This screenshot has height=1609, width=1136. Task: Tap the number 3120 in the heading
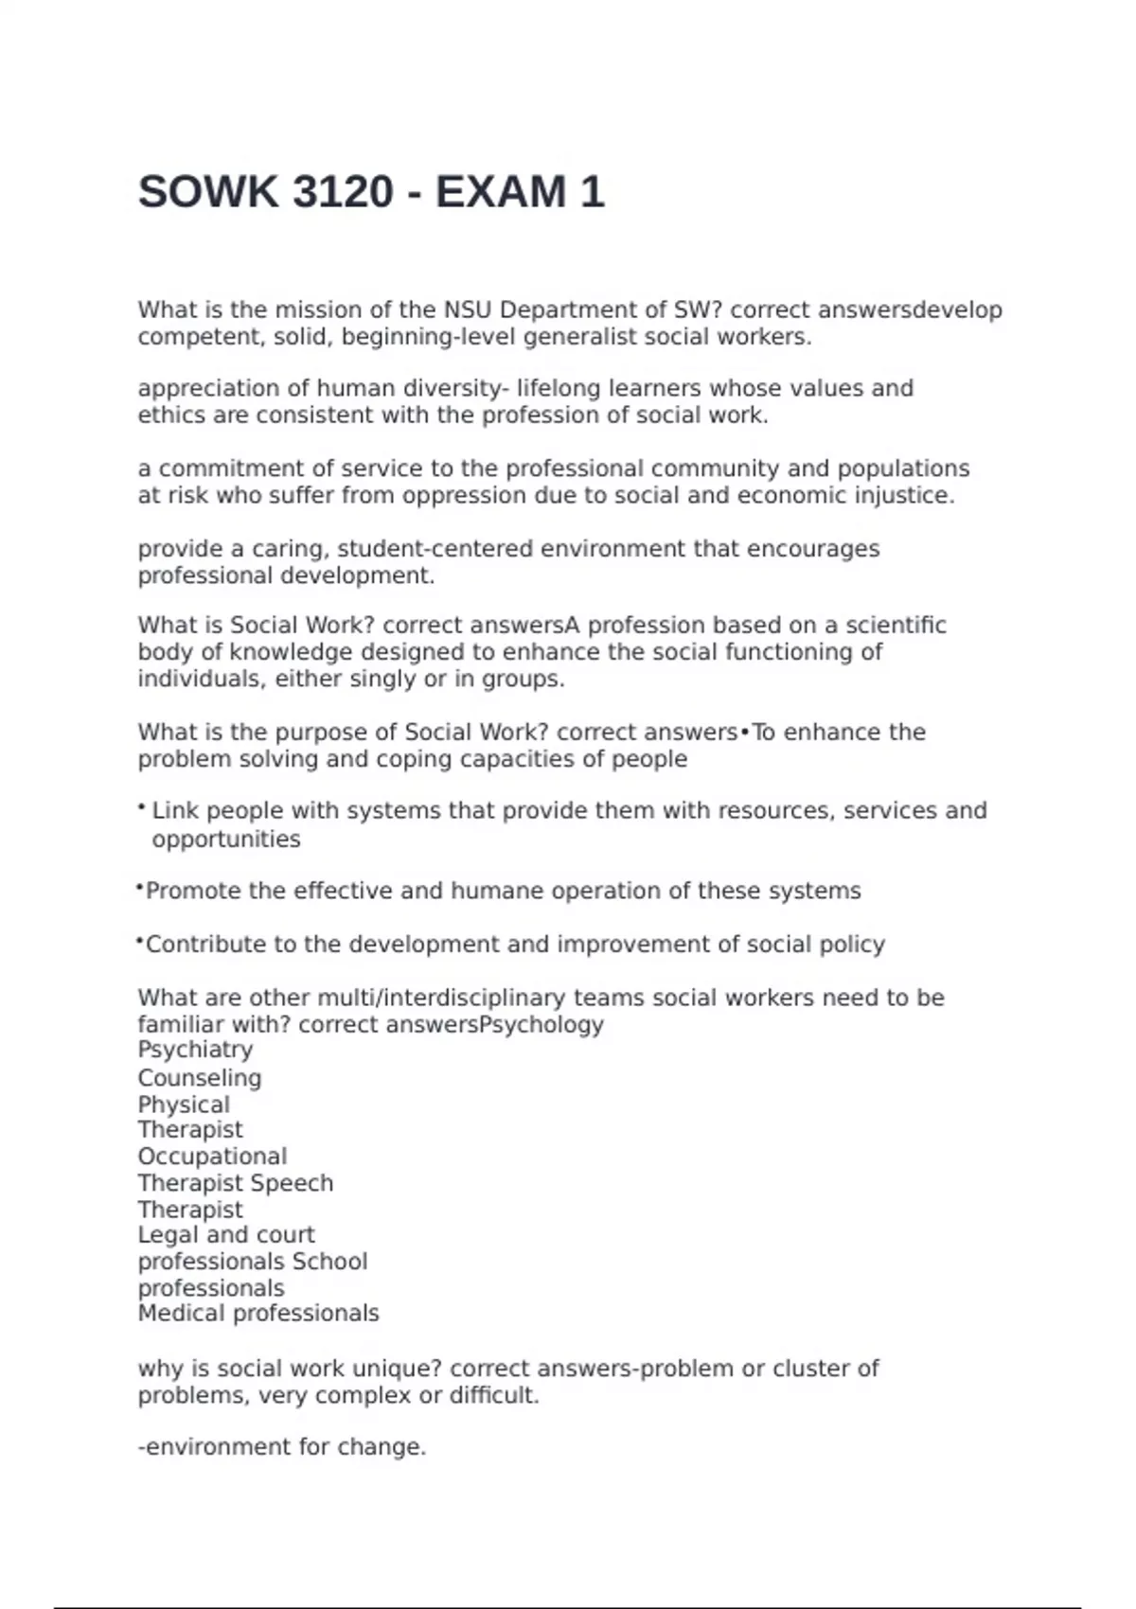coord(343,192)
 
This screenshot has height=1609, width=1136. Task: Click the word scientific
coord(896,626)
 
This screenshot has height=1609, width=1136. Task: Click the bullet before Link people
coord(141,807)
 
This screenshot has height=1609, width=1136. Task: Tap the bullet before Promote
coord(140,888)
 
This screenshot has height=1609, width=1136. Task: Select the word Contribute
coord(206,945)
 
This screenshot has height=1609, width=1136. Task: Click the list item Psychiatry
coord(195,1050)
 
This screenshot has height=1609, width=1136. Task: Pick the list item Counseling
coord(200,1078)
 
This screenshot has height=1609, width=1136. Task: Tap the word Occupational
coord(212,1157)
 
